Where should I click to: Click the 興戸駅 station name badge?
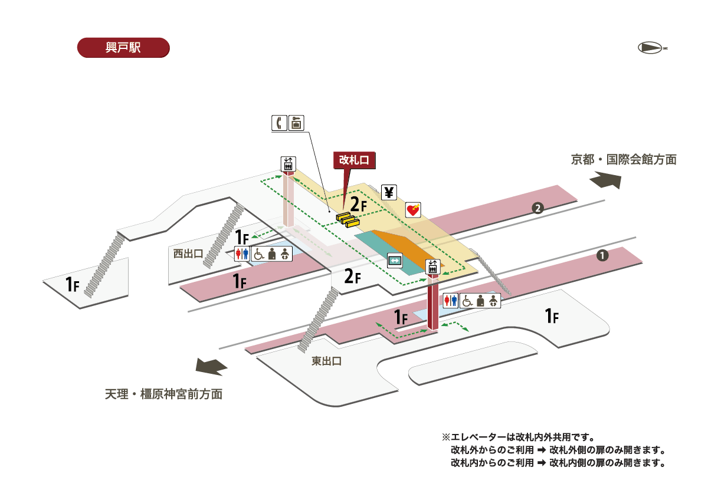[x=123, y=48]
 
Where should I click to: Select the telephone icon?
[x=279, y=123]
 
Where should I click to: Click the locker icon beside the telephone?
[x=297, y=123]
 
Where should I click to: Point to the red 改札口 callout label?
[x=355, y=160]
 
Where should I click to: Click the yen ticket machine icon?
[x=389, y=192]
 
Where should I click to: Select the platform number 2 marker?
[x=537, y=208]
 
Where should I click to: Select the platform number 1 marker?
[x=602, y=255]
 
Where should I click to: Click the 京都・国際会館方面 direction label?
[x=623, y=159]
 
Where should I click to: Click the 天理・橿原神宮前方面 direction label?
[x=164, y=394]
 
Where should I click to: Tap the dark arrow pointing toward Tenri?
[x=212, y=366]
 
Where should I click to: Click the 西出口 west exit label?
[x=188, y=253]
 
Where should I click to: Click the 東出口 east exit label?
[x=326, y=361]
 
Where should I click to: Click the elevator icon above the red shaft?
[x=432, y=267]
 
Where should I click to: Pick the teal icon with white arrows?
[x=394, y=260]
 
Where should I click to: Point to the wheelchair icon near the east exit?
[x=467, y=300]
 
